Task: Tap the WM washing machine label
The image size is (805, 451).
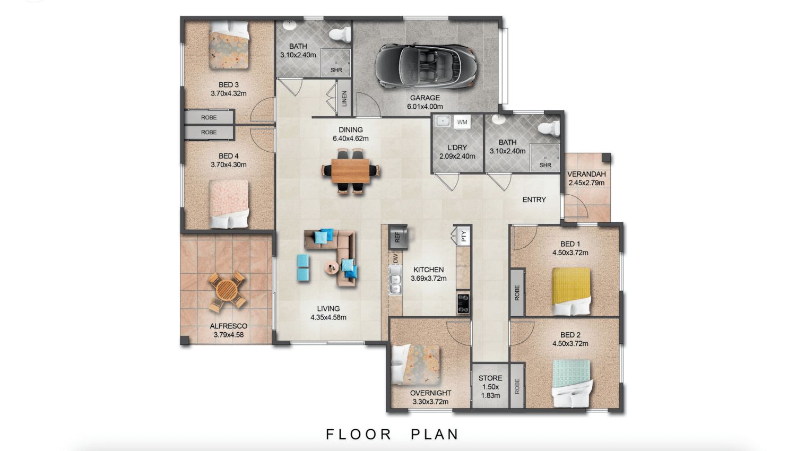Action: point(462,122)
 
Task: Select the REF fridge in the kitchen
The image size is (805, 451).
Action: point(398,237)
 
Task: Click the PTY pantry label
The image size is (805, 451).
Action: point(464,236)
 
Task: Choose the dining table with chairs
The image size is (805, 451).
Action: point(350,171)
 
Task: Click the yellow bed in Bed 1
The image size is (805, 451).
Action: point(571,291)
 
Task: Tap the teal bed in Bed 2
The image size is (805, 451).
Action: point(572,383)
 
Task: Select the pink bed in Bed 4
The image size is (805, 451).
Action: point(229,204)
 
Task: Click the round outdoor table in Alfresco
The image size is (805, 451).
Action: point(227,291)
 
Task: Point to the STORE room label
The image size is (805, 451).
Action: point(490,378)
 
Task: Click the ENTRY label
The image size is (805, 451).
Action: point(534,200)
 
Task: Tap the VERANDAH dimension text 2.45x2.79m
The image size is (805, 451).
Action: point(586,183)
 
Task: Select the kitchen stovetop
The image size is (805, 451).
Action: point(463,303)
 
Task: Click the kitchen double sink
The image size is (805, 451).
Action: point(396,279)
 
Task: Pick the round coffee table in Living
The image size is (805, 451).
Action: point(331,268)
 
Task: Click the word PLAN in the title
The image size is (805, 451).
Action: point(435,434)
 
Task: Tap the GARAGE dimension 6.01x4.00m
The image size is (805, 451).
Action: point(425,106)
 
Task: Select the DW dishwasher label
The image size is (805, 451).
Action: point(395,258)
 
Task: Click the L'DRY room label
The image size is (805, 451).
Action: point(457,148)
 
